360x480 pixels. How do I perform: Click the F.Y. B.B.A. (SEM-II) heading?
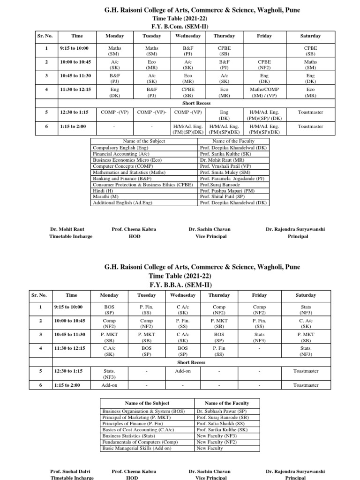point(180,285)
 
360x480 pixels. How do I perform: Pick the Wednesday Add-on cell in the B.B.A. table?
point(182,371)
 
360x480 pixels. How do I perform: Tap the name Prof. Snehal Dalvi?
point(71,471)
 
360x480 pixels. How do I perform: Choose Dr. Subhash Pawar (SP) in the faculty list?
point(222,411)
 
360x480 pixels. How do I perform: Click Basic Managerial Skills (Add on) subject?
point(136,448)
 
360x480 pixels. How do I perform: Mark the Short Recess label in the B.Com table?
point(196,103)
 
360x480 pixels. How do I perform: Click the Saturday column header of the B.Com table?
point(310,36)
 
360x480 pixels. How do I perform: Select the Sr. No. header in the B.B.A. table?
point(40,295)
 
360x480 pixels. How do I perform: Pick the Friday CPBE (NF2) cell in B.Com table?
point(264,64)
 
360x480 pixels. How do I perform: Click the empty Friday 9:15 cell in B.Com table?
point(264,51)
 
